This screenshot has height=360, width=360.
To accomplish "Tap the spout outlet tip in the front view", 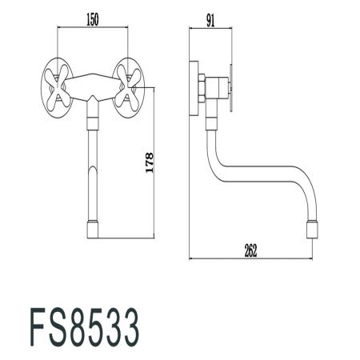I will click(x=92, y=230).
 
